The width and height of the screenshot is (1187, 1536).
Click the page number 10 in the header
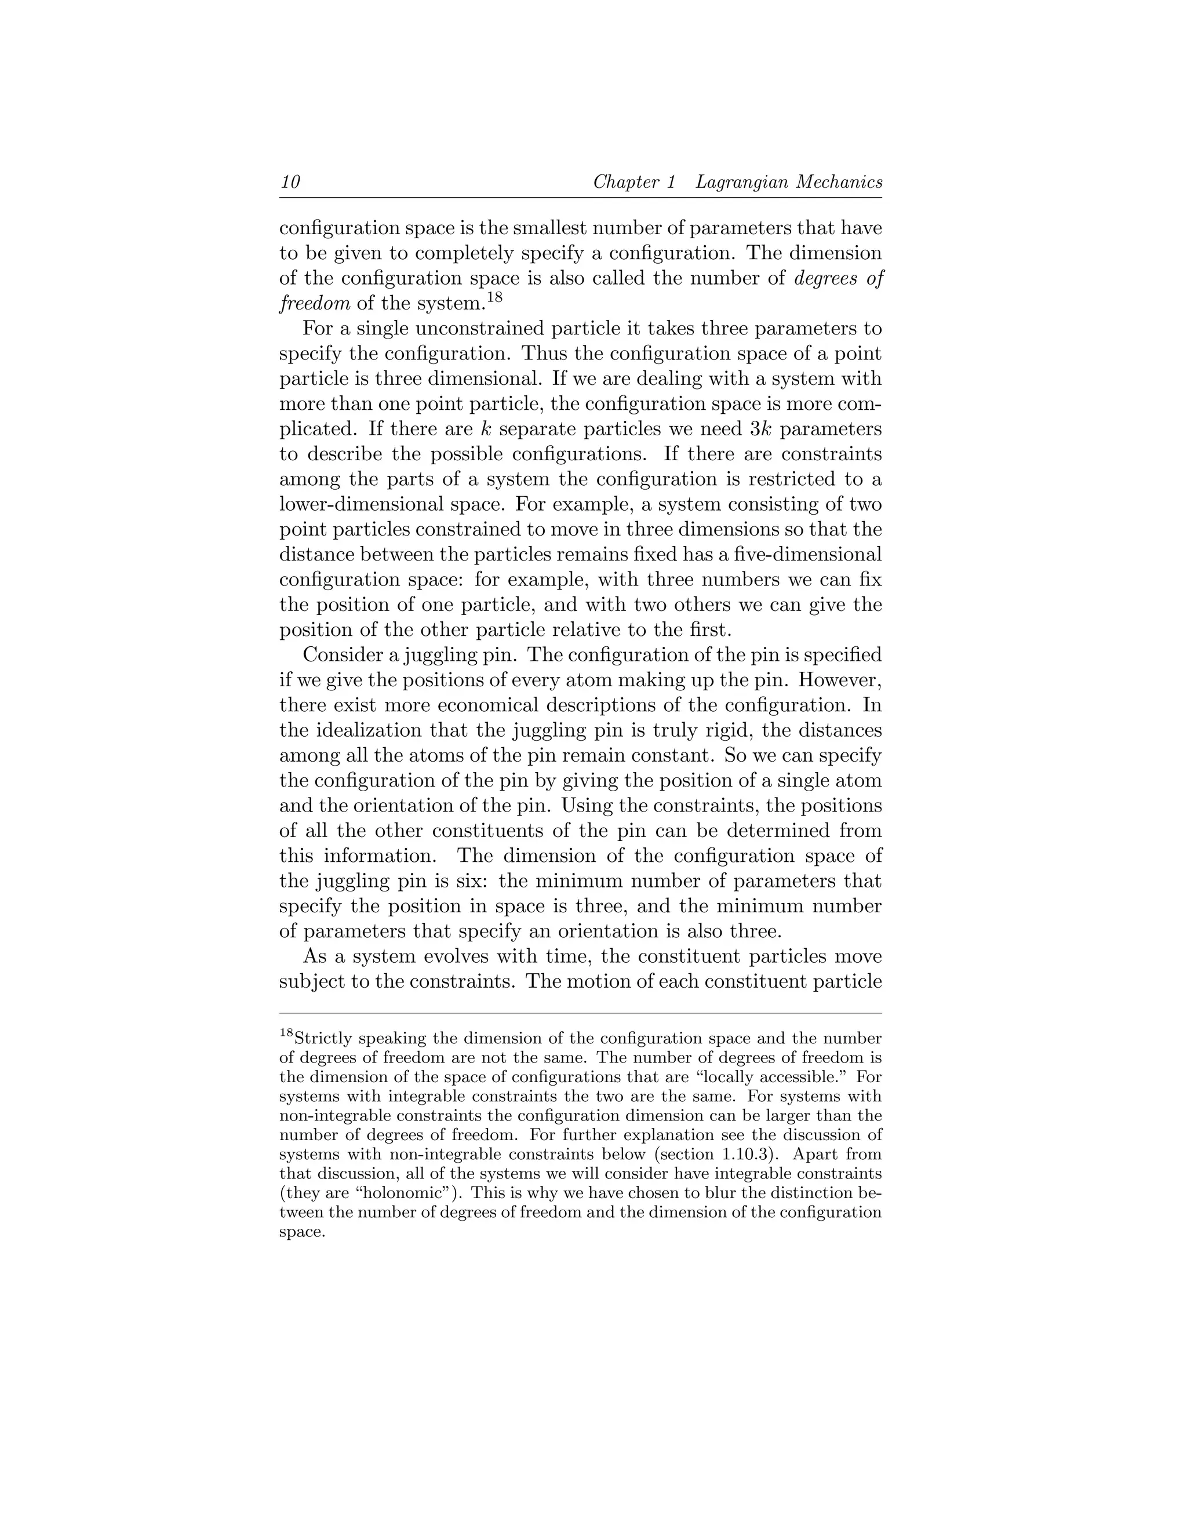[x=290, y=182]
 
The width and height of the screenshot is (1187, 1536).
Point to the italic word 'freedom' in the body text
[x=314, y=304]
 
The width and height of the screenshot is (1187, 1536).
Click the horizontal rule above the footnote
[x=580, y=1013]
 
